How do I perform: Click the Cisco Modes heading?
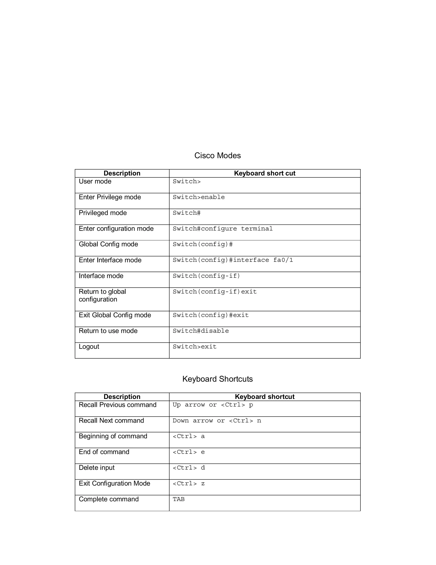point(218,155)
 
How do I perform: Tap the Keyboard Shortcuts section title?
point(218,379)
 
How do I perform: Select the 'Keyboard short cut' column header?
point(264,173)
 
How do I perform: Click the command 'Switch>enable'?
point(199,197)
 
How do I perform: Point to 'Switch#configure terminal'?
point(223,229)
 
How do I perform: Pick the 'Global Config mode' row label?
point(108,244)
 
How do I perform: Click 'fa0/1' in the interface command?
point(283,260)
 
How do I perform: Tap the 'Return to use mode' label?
point(108,331)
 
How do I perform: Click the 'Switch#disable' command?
point(201,331)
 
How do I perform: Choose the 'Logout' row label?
point(89,347)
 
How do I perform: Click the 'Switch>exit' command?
point(195,347)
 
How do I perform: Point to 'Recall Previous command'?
point(118,405)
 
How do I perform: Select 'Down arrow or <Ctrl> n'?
point(217,421)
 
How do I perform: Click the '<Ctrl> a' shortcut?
point(189,436)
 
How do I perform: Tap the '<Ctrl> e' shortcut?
point(189,452)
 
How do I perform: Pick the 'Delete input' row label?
point(97,468)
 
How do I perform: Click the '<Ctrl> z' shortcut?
point(189,484)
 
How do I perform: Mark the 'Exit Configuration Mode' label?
point(114,484)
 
